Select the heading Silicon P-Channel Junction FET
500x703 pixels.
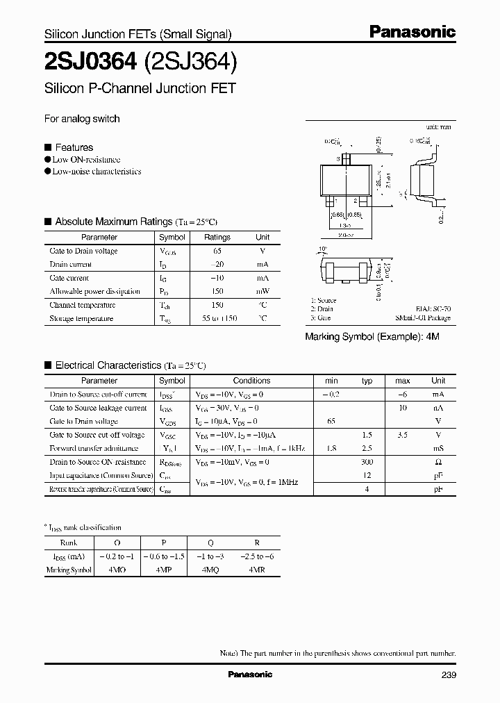(140, 89)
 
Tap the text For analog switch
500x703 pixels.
(82, 119)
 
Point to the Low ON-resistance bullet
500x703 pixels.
(86, 159)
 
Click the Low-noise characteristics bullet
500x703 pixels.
(97, 171)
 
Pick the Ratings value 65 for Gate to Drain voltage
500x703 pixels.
(217, 251)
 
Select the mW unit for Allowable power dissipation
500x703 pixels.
(262, 291)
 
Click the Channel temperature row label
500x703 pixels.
(82, 305)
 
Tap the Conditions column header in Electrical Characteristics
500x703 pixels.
(251, 381)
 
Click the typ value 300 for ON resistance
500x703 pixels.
(367, 462)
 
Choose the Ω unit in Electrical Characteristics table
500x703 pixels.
(438, 462)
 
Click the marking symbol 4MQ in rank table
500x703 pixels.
(210, 570)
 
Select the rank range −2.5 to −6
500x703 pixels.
(258, 556)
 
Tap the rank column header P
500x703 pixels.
(163, 543)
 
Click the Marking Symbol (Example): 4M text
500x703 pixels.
(373, 336)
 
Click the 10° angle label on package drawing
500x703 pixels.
(322, 248)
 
